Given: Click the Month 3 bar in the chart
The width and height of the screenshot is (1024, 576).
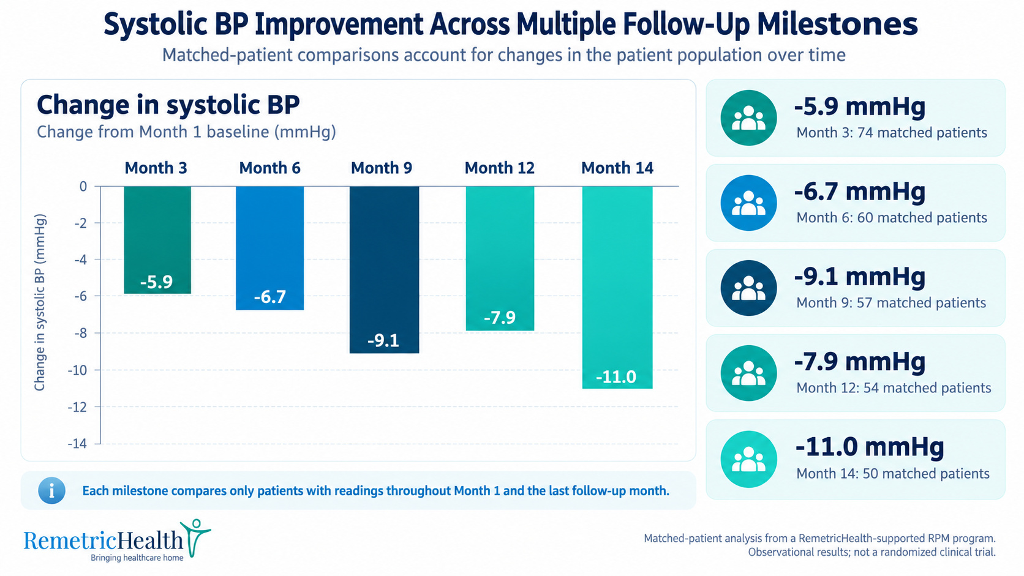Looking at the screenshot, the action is coord(157,240).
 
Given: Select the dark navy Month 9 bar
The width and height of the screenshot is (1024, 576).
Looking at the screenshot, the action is coord(384,269).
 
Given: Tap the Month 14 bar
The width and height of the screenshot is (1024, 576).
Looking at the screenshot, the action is coord(617,287).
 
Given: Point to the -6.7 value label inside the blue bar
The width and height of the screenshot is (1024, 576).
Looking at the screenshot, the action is coord(269,297).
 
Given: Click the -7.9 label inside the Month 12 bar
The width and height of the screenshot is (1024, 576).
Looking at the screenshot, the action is coord(500,317).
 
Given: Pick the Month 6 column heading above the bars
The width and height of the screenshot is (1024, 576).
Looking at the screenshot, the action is coord(269,168).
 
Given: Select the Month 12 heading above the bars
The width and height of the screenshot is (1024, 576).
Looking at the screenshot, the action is coord(499,168).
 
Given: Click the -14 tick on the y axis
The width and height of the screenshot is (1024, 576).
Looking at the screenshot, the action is coord(77,444).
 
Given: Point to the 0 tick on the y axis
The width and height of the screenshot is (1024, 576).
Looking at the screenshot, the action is coord(83,186).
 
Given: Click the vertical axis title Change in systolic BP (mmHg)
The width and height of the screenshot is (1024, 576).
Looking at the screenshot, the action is coord(40,302).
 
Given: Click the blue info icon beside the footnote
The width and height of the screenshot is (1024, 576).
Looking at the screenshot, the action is coord(51,490).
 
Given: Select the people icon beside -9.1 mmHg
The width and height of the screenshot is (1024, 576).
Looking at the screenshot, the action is coord(748,288).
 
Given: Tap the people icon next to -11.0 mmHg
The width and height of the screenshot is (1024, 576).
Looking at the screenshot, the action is coord(748,459).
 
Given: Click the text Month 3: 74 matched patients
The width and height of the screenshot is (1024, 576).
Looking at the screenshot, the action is coord(892,132).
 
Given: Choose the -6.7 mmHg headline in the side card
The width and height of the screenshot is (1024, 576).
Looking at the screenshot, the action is coord(859,191).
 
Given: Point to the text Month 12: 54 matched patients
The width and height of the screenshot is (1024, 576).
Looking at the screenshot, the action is coord(894,388).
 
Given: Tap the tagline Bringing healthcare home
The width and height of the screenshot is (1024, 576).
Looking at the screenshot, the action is coord(137,558).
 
